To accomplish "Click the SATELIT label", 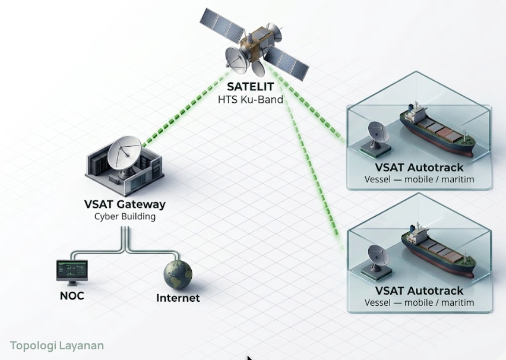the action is pos(251,87).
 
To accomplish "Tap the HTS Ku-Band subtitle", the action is pos(251,99).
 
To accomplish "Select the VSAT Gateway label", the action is pos(125,204).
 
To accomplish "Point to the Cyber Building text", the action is pos(125,216).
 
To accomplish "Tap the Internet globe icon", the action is pos(178,274).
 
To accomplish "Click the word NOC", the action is pos(72,296).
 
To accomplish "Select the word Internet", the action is pos(178,298).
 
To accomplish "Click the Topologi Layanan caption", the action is pos(57,346).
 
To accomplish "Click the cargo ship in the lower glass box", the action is pos(438,251).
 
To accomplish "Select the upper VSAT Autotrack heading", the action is pos(419,168).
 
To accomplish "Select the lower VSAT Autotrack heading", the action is pos(419,290).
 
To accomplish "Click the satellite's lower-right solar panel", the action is pos(286,63).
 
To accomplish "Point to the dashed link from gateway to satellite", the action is pos(186,109).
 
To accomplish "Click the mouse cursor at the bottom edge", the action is pos(250,357).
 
